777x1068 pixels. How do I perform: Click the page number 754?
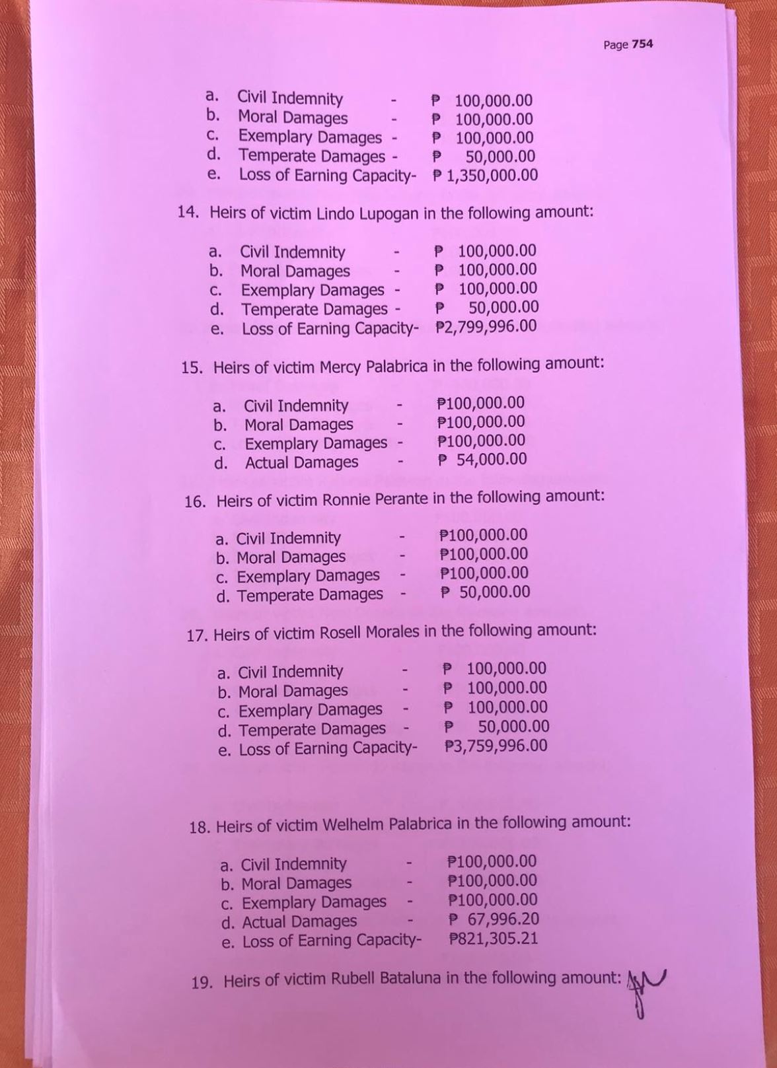642,44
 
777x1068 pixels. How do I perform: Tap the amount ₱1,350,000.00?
486,176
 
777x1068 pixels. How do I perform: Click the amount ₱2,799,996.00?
486,326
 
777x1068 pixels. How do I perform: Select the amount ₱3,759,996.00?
496,746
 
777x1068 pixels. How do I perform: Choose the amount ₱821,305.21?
493,938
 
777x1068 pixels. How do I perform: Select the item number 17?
196,636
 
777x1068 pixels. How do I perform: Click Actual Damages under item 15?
301,463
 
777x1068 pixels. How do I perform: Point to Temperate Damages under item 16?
309,596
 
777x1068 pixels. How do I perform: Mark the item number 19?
201,982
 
